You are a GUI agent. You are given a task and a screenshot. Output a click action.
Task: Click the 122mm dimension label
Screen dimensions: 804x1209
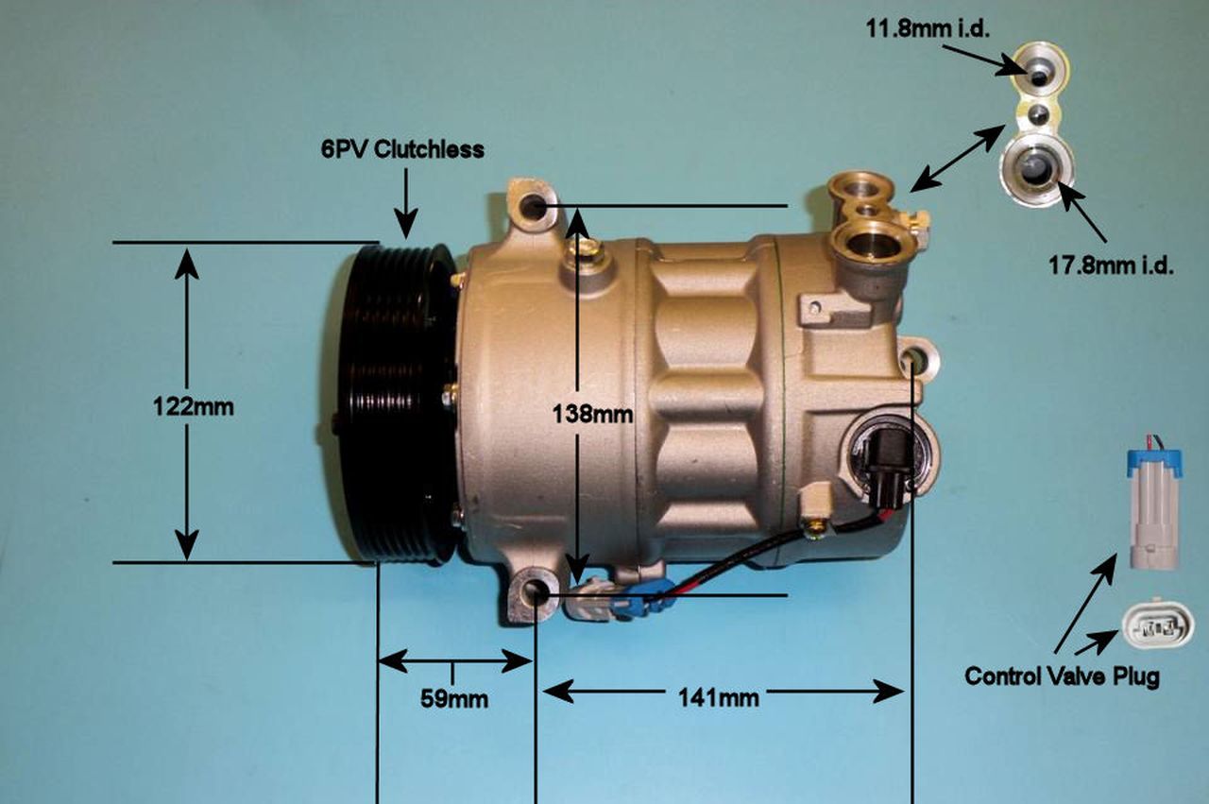click(x=193, y=407)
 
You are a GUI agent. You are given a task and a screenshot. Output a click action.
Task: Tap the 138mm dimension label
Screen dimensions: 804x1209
click(x=593, y=413)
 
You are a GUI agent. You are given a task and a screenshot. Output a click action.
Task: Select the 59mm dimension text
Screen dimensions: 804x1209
click(x=453, y=699)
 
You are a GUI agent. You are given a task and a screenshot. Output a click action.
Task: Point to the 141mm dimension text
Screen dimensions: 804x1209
click(x=719, y=698)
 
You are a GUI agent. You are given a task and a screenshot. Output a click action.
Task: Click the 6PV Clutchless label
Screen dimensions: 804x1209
click(x=402, y=149)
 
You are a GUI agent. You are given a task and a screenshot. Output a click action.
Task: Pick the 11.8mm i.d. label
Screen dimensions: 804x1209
click(x=928, y=29)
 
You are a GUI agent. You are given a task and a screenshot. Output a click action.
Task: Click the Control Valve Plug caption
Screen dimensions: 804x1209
click(x=1062, y=676)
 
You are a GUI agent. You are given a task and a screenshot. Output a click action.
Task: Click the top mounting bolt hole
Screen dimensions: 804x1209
click(x=535, y=206)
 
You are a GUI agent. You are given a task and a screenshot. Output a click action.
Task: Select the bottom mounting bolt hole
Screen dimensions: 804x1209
click(x=536, y=594)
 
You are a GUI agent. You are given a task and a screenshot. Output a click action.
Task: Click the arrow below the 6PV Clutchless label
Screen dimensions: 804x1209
click(x=406, y=202)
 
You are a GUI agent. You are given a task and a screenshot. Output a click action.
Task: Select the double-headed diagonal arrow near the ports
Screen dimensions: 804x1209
click(x=958, y=158)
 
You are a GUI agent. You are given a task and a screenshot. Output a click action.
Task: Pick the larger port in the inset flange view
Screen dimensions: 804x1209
click(x=1036, y=169)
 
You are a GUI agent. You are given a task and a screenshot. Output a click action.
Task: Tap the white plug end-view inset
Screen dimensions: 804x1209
click(x=1157, y=625)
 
